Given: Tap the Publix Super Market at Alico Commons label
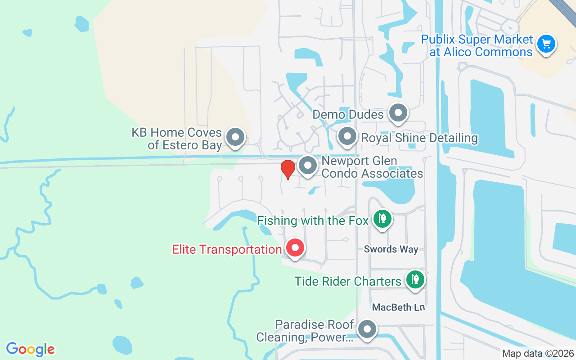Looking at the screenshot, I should pyautogui.click(x=477, y=46).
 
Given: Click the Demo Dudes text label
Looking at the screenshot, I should pyautogui.click(x=348, y=114).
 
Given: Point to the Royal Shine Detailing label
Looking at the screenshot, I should pyautogui.click(x=419, y=138).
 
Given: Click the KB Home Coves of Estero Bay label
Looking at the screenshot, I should pyautogui.click(x=184, y=139).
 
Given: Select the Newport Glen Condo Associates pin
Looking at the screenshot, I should pyautogui.click(x=308, y=166).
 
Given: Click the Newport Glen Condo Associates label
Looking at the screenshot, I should pyautogui.click(x=372, y=167).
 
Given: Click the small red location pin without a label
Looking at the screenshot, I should pyautogui.click(x=288, y=169).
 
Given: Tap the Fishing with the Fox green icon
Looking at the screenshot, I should pyautogui.click(x=382, y=219).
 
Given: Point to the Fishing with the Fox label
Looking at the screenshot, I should pyautogui.click(x=313, y=221).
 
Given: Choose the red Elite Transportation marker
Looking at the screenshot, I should pyautogui.click(x=295, y=248).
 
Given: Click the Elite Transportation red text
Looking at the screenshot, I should pyautogui.click(x=227, y=249).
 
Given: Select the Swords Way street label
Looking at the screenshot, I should pyautogui.click(x=391, y=249).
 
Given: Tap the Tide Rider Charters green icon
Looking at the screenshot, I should pyautogui.click(x=415, y=279).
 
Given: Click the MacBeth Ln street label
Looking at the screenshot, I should pyautogui.click(x=398, y=307).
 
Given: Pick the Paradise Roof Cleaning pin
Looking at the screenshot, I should pyautogui.click(x=367, y=330).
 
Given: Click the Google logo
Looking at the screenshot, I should pyautogui.click(x=31, y=349).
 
